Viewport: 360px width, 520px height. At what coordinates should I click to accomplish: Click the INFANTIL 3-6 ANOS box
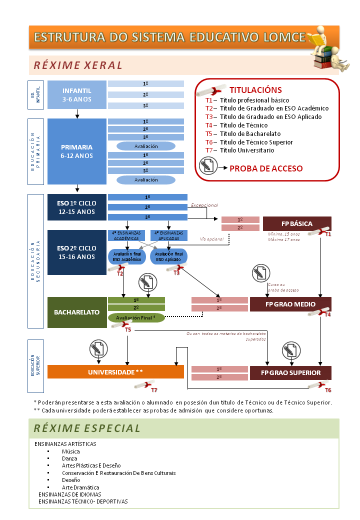coord(77,94)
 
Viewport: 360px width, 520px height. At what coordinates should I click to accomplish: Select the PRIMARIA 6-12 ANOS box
coord(77,151)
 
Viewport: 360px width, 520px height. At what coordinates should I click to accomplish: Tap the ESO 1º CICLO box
coord(77,207)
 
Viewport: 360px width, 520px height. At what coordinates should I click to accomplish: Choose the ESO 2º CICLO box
coord(77,252)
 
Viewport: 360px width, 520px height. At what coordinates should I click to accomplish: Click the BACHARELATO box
coord(77,312)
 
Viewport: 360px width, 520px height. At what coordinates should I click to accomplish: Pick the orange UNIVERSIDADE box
coord(115,372)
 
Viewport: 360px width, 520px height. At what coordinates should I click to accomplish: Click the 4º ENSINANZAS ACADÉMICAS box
coord(126,235)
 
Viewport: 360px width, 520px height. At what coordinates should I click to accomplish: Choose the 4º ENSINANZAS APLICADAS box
coord(168,235)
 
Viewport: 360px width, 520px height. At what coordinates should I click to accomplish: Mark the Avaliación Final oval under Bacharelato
coord(136,317)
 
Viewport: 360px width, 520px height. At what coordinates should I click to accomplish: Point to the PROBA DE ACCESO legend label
coord(266,168)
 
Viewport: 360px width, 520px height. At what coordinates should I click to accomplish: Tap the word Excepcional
coord(204,205)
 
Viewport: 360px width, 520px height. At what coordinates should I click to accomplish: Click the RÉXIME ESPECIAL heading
coord(87,428)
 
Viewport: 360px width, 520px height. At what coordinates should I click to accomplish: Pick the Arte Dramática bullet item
coord(80,487)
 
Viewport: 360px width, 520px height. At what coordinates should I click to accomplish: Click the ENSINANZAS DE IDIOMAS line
coord(69,494)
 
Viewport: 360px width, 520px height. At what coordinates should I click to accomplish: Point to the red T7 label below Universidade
coord(154,389)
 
